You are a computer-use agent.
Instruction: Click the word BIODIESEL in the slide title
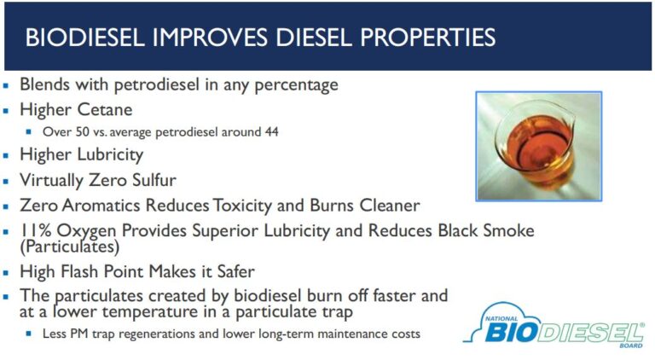click(x=84, y=38)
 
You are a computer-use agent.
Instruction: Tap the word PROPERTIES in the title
click(x=428, y=38)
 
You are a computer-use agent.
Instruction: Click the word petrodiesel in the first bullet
click(x=157, y=84)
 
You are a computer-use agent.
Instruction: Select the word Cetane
click(x=104, y=110)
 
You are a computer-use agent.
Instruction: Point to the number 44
click(x=271, y=132)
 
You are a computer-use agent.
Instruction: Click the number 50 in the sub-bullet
click(x=82, y=132)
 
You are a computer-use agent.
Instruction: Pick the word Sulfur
click(x=154, y=180)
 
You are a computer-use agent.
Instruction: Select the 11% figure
click(x=36, y=230)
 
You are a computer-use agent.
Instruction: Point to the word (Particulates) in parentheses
click(x=70, y=247)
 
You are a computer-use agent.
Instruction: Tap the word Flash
click(x=79, y=271)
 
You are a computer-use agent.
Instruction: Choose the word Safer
click(x=235, y=271)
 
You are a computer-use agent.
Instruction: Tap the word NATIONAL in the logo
click(x=501, y=319)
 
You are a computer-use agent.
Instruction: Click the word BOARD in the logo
click(x=631, y=345)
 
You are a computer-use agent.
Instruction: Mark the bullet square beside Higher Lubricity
click(x=6, y=156)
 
